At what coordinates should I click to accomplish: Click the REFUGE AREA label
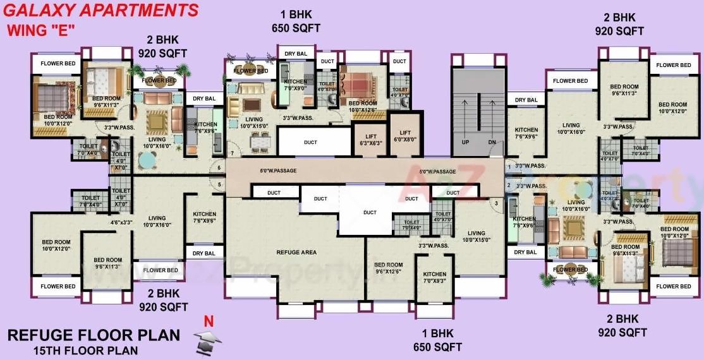click(x=296, y=253)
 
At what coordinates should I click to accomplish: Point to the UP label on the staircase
click(x=465, y=142)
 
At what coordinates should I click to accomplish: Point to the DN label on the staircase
click(x=492, y=142)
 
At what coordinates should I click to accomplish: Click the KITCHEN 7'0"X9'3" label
click(x=434, y=278)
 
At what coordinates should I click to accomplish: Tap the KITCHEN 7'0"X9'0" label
click(x=295, y=85)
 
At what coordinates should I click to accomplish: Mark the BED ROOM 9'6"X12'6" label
click(x=388, y=268)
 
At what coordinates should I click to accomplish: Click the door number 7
click(x=232, y=153)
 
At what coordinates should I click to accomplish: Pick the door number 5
click(x=219, y=184)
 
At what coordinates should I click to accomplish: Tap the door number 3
click(x=496, y=203)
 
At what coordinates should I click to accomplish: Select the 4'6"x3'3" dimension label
click(x=121, y=222)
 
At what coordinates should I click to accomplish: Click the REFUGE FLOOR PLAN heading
click(x=94, y=335)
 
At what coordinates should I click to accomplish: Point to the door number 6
click(x=219, y=168)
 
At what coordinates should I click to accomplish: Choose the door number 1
click(x=509, y=167)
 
